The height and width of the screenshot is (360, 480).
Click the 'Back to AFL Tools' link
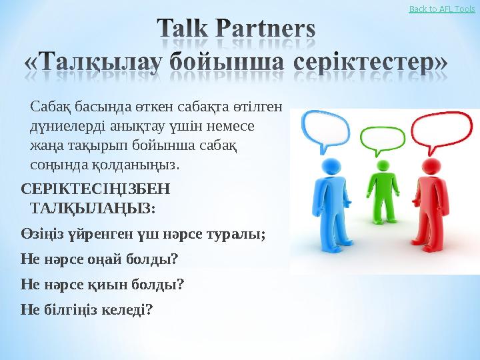click(x=441, y=9)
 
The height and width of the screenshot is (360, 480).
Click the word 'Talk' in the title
click(x=189, y=31)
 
